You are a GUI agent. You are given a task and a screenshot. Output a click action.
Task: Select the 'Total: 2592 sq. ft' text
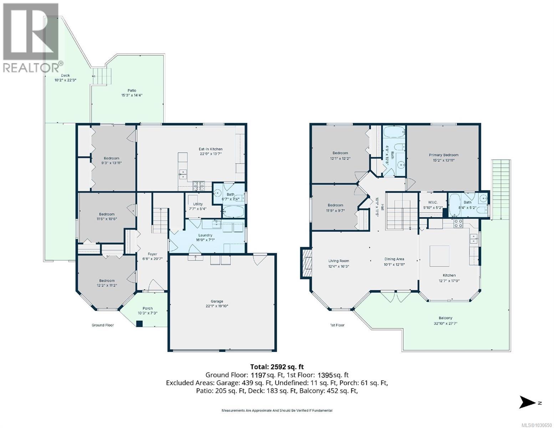[x=277, y=366]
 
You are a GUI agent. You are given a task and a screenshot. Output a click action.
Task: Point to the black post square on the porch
[x=139, y=324]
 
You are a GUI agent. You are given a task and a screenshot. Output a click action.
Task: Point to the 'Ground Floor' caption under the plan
[x=103, y=325]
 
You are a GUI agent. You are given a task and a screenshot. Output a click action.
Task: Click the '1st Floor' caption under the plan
[x=337, y=325]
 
